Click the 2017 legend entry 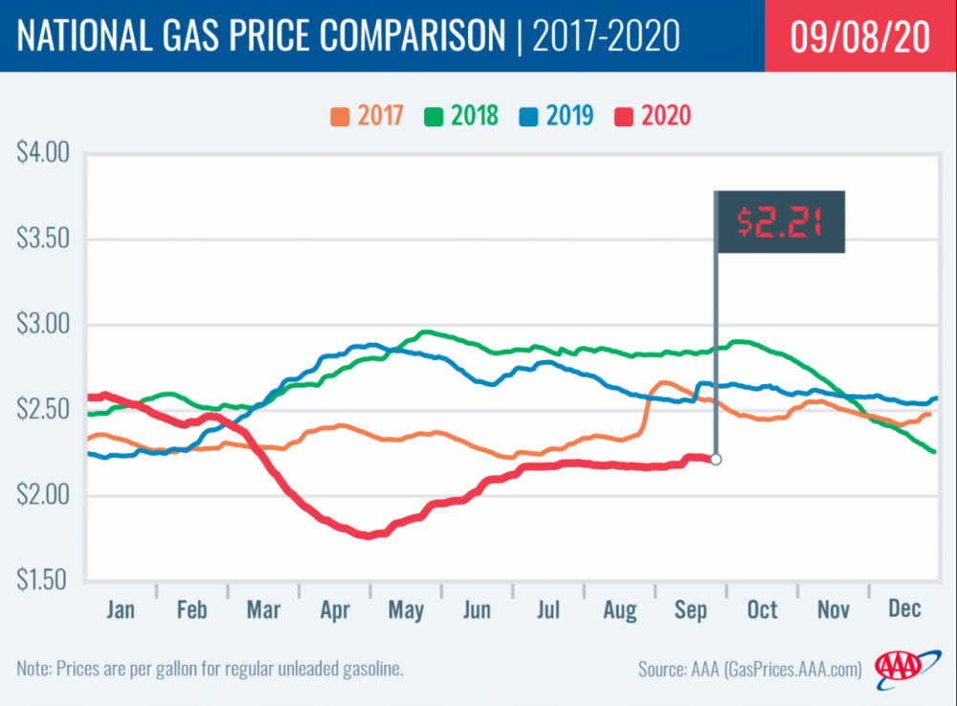(367, 116)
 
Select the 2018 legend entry (463, 116)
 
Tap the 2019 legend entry (558, 116)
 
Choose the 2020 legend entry (656, 116)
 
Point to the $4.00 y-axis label (44, 153)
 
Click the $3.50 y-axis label (44, 239)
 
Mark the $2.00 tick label (44, 495)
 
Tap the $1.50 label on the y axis (44, 581)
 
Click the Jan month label (122, 609)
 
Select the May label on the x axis (407, 609)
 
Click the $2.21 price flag (781, 221)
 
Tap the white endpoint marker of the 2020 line (716, 460)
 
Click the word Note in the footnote (35, 668)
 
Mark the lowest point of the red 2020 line (367, 535)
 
